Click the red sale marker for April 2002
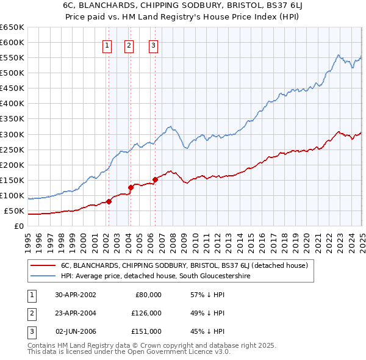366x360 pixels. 109,201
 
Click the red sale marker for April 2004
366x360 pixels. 131,187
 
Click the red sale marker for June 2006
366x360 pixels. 154,179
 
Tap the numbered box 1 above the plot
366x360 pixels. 107,45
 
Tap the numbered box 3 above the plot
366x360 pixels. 152,45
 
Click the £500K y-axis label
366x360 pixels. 12,73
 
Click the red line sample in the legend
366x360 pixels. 43,265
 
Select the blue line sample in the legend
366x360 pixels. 43,276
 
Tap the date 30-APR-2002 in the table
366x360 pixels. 76,294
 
